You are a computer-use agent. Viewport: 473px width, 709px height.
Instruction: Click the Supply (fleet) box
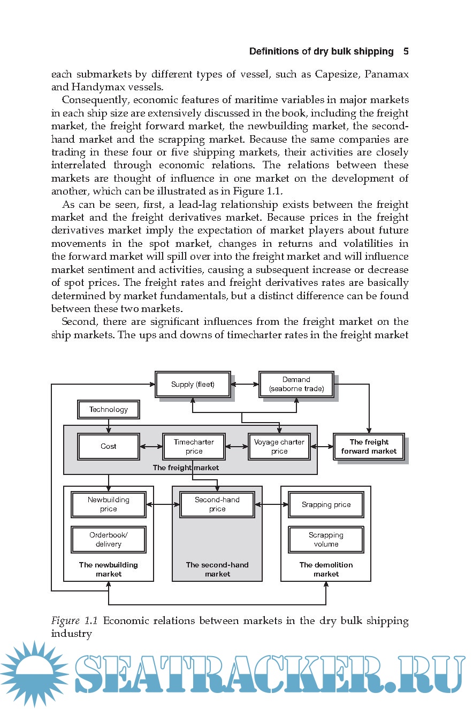point(193,384)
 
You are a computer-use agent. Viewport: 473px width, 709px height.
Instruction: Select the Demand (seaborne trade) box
point(296,384)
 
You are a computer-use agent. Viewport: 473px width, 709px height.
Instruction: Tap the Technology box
point(109,410)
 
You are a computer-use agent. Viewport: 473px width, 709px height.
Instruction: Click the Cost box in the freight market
point(109,447)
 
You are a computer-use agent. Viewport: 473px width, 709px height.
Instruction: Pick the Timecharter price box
point(194,447)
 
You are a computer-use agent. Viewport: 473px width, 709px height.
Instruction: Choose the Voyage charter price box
point(279,447)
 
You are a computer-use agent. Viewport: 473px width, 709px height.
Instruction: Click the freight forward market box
point(369,447)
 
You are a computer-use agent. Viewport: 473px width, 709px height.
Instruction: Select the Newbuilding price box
point(109,504)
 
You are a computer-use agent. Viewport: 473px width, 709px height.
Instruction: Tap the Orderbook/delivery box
point(109,540)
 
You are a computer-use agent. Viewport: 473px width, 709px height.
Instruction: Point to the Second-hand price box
point(217,504)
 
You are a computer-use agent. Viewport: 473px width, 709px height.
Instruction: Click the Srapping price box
point(326,504)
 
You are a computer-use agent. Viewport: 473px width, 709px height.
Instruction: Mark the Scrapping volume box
point(326,540)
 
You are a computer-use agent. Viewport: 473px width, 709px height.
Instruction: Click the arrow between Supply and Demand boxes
point(245,384)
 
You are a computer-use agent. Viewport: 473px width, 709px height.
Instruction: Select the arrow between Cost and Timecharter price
point(151,447)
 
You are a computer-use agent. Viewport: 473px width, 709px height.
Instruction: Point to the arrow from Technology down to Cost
point(109,426)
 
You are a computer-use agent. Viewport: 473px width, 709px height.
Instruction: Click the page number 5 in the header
point(406,52)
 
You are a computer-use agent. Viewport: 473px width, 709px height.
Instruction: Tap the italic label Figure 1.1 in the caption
point(74,621)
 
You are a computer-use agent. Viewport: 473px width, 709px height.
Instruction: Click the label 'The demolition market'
point(326,569)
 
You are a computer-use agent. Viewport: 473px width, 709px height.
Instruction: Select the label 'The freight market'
point(186,468)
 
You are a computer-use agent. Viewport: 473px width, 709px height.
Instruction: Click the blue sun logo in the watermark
point(34,674)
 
